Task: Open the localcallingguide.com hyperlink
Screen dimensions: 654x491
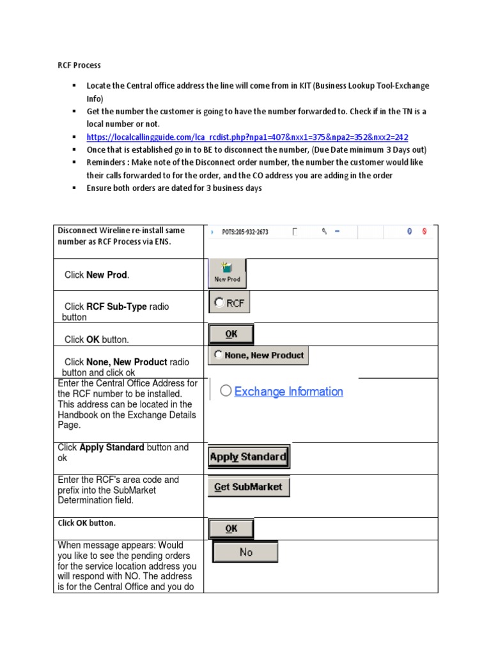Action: coord(247,137)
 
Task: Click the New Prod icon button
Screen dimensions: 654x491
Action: coord(227,273)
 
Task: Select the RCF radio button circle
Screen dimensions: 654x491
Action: coord(219,303)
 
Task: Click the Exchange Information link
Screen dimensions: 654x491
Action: coord(288,392)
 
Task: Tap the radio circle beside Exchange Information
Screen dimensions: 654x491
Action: coord(226,391)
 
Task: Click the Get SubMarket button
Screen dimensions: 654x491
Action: coord(248,487)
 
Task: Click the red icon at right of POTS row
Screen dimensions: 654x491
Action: coord(424,232)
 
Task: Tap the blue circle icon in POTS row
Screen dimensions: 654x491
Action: coord(410,232)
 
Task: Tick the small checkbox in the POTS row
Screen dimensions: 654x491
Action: coord(295,232)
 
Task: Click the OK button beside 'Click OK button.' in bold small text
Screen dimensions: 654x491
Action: coord(231,529)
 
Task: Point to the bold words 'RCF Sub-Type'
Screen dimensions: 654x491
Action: coord(116,307)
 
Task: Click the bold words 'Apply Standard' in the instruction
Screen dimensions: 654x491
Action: coord(112,448)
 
